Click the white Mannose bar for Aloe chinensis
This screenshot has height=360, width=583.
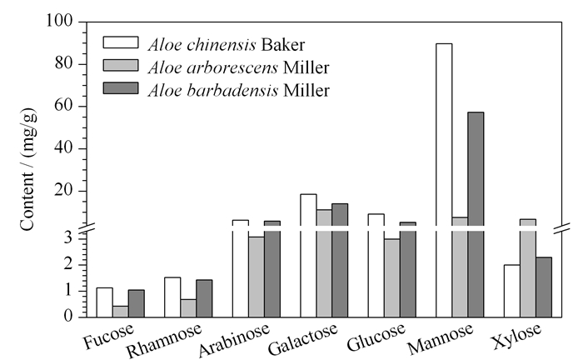point(444,180)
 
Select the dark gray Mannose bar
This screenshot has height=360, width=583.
point(476,215)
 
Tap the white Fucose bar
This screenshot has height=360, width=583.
point(104,302)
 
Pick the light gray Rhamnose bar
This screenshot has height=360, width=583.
point(188,308)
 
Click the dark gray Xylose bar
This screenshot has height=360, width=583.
point(544,287)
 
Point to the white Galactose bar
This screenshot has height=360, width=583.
point(309,256)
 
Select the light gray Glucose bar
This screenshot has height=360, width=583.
point(392,278)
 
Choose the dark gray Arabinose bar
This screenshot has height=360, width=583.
point(272,269)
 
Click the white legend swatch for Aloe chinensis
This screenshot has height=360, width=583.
point(121,42)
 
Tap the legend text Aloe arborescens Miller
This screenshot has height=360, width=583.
point(238,67)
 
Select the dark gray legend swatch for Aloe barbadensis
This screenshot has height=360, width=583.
point(121,88)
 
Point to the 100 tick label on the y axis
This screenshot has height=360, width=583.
point(59,21)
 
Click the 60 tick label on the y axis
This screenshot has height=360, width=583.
point(64,106)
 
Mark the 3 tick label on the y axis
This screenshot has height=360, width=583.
point(67,238)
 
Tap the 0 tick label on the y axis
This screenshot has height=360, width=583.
point(67,316)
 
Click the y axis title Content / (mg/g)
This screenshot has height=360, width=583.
point(27,169)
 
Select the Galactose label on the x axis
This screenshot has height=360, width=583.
point(303,338)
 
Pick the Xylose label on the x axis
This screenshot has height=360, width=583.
point(517,336)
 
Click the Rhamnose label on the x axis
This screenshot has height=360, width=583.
point(164,340)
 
